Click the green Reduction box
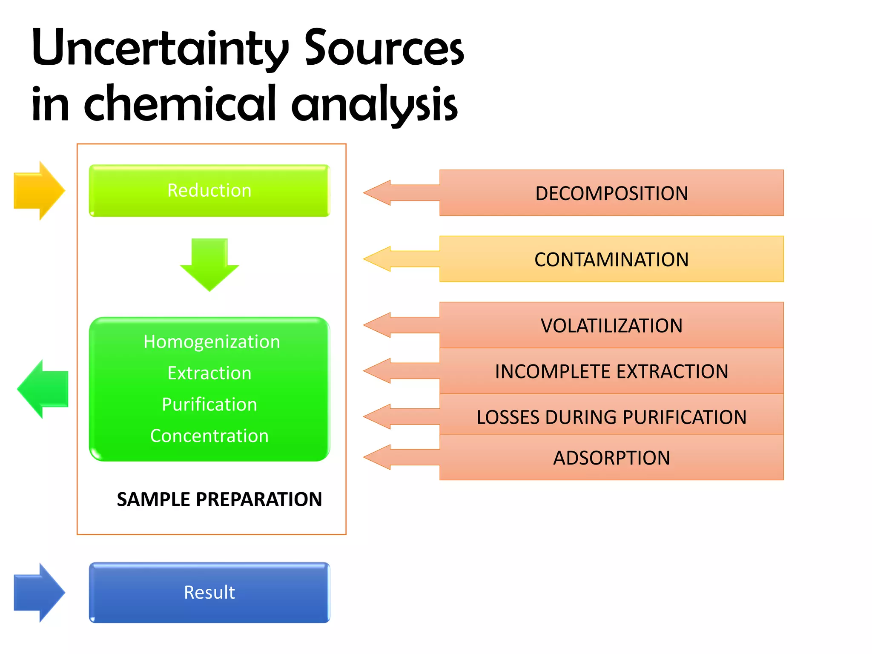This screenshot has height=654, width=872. coord(209,190)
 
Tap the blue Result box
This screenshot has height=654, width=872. coord(209,592)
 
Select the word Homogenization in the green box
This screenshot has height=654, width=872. coord(212,341)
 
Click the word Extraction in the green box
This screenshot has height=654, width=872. coord(209,373)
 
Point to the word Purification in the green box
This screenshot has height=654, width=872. coord(209,404)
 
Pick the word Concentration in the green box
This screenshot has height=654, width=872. coord(209,436)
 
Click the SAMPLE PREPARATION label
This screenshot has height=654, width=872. coord(219,499)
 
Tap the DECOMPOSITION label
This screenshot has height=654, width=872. coord(611,193)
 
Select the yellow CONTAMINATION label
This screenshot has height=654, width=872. coord(611,259)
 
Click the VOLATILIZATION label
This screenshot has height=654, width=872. coord(611,326)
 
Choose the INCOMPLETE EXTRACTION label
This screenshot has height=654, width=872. coord(611,371)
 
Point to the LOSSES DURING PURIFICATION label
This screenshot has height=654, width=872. coord(611,417)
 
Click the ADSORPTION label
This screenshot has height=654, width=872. coord(611,458)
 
